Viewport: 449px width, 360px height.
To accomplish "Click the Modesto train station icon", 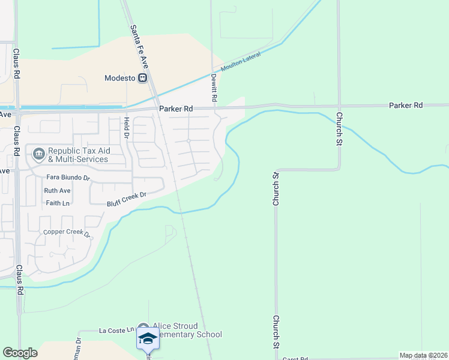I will click(143, 78).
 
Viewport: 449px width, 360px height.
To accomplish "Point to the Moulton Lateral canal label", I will click(240, 62).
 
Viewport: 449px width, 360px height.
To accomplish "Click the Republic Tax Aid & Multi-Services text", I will click(78, 155).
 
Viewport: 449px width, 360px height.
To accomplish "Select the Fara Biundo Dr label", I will click(68, 178).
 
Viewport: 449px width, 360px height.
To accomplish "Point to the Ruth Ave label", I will click(57, 191).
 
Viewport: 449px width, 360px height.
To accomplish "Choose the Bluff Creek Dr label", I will click(127, 199).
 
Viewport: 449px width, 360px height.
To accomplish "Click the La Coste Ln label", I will click(115, 331).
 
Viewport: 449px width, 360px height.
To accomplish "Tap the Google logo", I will click(20, 353).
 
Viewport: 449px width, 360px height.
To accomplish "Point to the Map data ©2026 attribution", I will click(423, 355).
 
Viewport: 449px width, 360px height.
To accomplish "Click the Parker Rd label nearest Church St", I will click(406, 105).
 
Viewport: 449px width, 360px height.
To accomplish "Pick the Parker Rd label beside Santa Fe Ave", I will click(176, 109).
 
